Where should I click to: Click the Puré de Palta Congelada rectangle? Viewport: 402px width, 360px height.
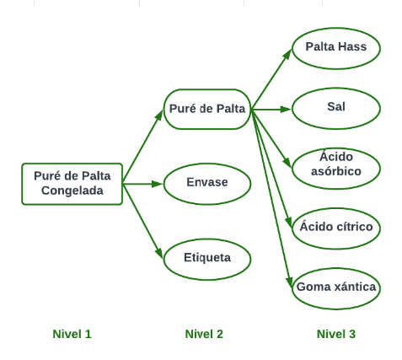[x=72, y=184]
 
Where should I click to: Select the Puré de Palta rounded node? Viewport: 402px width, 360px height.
[x=207, y=110]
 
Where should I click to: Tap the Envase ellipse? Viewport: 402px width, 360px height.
[x=207, y=184]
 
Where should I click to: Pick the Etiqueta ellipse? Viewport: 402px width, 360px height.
[x=207, y=259]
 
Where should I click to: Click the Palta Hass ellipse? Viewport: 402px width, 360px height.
[x=336, y=48]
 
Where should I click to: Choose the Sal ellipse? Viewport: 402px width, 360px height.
[x=336, y=109]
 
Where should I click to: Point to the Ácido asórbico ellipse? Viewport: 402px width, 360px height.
[x=336, y=169]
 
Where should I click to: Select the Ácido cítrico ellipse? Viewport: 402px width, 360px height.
[x=336, y=228]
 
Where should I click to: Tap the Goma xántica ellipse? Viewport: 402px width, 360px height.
[x=336, y=288]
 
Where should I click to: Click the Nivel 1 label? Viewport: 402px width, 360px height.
[x=72, y=334]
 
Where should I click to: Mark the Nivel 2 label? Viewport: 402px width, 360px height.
[x=204, y=334]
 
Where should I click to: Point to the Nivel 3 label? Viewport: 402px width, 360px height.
[x=336, y=334]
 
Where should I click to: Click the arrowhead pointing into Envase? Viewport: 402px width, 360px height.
[x=158, y=184]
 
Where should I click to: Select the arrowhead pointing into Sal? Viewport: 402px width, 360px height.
[x=286, y=109]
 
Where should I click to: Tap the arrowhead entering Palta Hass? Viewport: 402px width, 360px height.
[x=287, y=54]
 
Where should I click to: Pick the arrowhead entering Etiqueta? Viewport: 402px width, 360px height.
[x=159, y=253]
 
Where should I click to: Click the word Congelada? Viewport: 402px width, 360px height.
[x=72, y=191]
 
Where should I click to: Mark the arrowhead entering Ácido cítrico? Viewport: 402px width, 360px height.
[x=289, y=223]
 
